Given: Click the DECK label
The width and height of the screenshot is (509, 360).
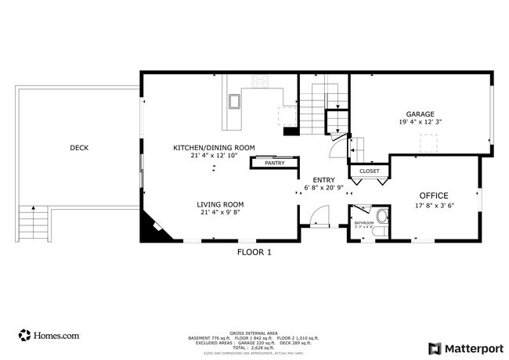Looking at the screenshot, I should (x=79, y=147).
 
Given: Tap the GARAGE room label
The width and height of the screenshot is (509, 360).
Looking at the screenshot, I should (x=420, y=113).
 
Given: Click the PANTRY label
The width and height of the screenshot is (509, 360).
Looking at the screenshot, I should (x=273, y=163).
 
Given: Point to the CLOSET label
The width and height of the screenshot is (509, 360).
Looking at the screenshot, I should (x=369, y=171).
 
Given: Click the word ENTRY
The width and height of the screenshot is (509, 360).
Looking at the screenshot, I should (x=324, y=180).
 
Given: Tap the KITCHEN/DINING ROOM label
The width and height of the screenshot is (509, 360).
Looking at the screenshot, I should (x=214, y=147).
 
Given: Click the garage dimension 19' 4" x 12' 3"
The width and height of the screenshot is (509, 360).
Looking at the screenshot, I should (x=420, y=122).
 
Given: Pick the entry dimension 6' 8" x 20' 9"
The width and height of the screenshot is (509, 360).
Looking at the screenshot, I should (x=324, y=189).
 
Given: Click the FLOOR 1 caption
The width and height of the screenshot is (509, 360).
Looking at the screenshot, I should (x=254, y=252).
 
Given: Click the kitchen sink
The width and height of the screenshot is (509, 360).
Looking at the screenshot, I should (x=234, y=101).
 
